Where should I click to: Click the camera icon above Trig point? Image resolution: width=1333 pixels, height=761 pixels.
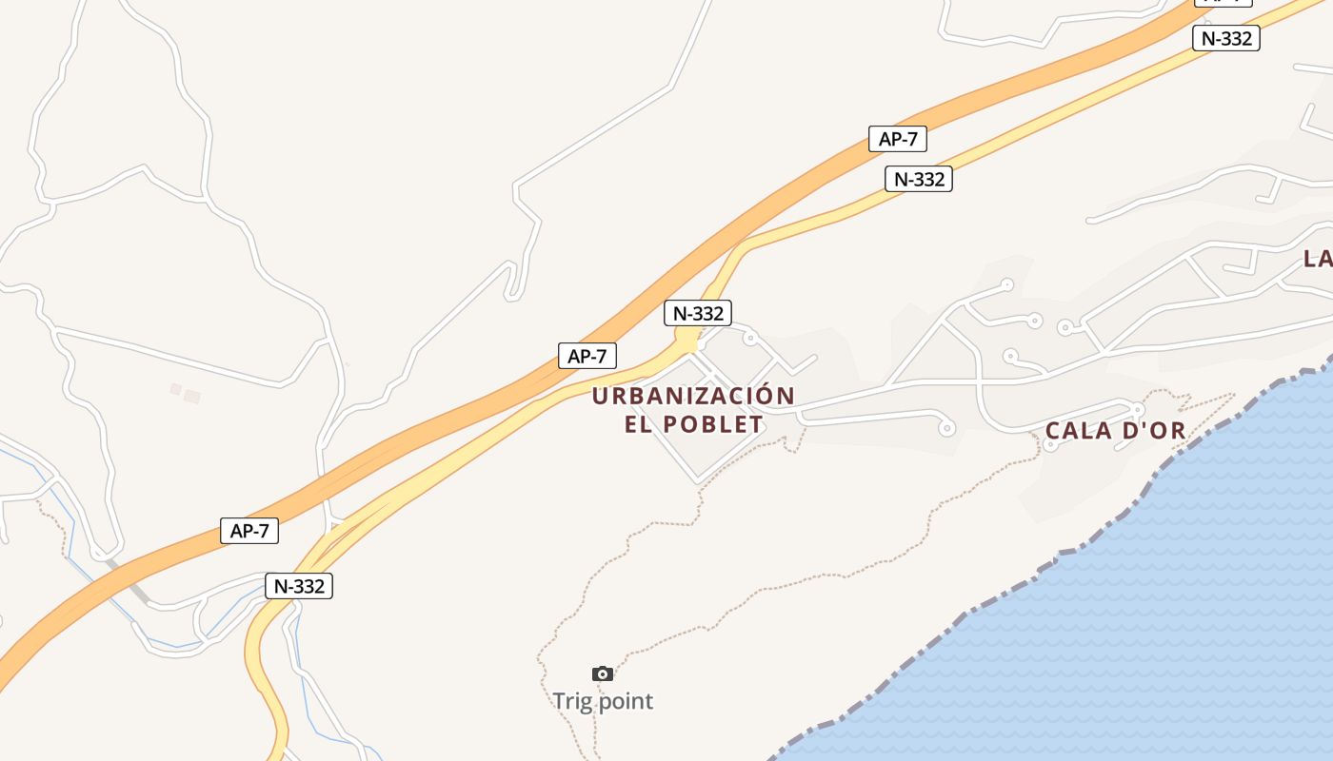click(x=602, y=673)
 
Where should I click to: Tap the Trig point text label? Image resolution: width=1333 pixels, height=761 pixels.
click(x=603, y=702)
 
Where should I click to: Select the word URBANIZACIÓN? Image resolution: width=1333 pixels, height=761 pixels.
click(x=693, y=396)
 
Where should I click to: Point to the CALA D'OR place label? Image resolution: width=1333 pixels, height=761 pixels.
click(x=1115, y=431)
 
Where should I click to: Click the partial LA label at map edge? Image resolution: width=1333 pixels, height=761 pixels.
click(x=1318, y=258)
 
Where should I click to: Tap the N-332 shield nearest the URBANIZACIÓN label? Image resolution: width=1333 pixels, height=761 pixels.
click(x=698, y=313)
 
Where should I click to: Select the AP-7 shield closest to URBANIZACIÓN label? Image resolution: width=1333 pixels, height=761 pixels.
click(x=587, y=357)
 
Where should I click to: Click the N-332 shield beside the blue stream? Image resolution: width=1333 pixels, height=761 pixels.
click(x=299, y=586)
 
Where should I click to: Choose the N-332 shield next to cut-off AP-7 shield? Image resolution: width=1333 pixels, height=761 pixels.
click(x=1225, y=38)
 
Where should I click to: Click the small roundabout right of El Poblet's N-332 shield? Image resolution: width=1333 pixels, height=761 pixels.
click(x=749, y=338)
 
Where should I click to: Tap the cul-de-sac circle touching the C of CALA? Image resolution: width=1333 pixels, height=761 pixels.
click(x=1051, y=443)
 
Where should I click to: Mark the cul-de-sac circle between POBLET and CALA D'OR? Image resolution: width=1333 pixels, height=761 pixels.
click(x=946, y=428)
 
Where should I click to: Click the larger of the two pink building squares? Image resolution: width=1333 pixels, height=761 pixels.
click(x=192, y=396)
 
